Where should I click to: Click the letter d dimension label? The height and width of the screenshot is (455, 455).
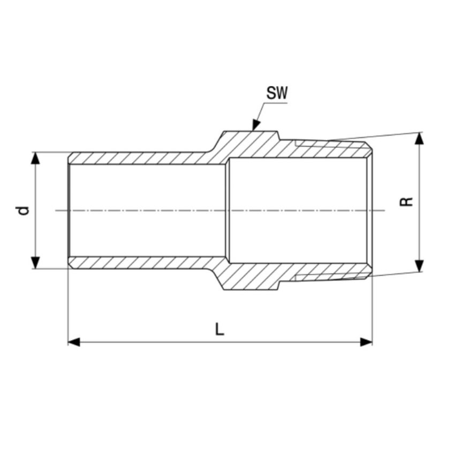(22, 210)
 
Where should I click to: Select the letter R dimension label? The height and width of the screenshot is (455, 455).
(407, 202)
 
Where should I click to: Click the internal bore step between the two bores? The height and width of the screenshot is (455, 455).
(227, 210)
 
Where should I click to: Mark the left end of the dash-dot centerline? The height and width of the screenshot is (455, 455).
(57, 210)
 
